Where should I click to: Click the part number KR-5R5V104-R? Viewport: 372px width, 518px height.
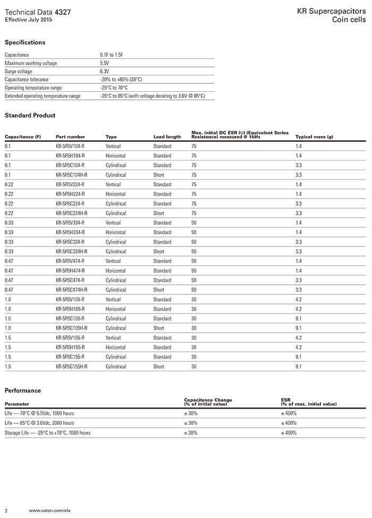(x=70, y=146)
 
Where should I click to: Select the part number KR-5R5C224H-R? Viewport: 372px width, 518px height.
(x=72, y=213)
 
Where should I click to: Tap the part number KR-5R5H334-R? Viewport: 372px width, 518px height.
(x=70, y=232)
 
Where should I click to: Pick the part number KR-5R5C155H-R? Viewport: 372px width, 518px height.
(x=72, y=366)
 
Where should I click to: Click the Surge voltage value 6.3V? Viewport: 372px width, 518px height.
(x=104, y=71)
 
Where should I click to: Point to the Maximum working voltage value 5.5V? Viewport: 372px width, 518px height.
(x=104, y=63)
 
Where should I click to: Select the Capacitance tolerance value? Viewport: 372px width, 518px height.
(x=121, y=79)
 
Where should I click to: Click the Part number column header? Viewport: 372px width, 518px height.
(x=70, y=137)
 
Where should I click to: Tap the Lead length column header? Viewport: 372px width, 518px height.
(x=167, y=137)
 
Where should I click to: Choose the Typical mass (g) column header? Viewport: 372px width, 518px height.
(x=314, y=137)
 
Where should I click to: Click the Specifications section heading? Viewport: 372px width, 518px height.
(x=25, y=43)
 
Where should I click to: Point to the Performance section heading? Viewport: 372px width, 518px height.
(x=22, y=390)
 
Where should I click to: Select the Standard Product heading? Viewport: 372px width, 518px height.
(x=30, y=115)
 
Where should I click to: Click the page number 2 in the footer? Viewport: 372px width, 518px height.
(x=6, y=510)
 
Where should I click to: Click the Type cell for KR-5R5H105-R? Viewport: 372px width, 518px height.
(x=115, y=309)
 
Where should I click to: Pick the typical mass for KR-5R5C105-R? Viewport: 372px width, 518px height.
(x=299, y=318)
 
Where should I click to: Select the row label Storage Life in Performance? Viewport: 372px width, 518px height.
(x=47, y=432)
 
